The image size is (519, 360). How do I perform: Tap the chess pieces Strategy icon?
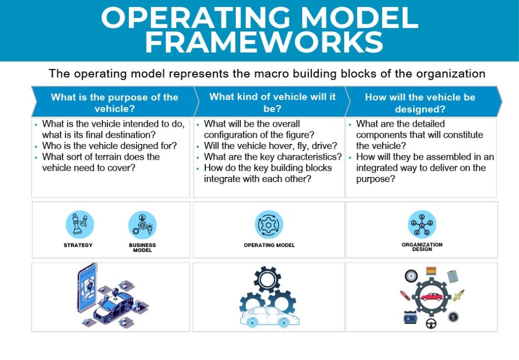tap(80, 225)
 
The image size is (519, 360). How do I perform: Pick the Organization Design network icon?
tap(422, 224)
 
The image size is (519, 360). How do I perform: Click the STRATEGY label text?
tap(78, 245)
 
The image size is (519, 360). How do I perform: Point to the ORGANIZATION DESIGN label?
tap(422, 247)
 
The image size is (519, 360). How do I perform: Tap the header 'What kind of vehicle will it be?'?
tap(272, 102)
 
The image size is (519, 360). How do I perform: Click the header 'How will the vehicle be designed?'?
tap(420, 102)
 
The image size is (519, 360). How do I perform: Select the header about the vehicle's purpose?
tap(115, 102)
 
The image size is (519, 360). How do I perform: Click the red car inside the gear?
tap(431, 297)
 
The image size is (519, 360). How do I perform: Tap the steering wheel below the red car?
tap(431, 323)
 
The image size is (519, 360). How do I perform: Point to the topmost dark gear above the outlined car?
tap(267, 279)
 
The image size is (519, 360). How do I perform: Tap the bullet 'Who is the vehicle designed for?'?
tap(109, 146)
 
